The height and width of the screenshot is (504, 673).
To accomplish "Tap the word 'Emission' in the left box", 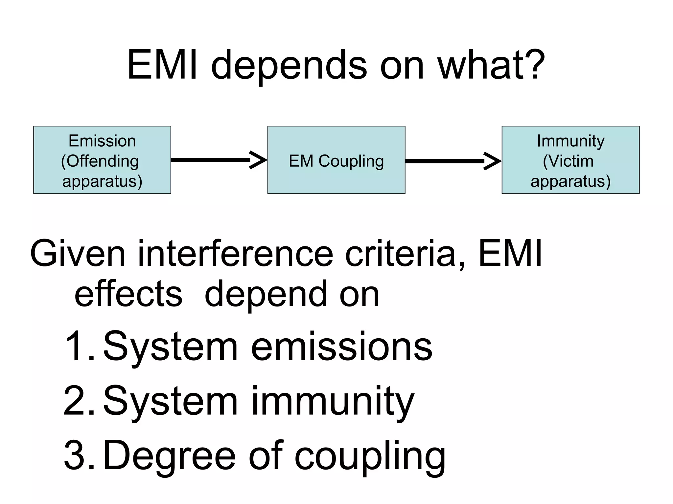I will pyautogui.click(x=102, y=141).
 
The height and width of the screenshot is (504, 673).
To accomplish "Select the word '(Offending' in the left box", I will pyautogui.click(x=100, y=161).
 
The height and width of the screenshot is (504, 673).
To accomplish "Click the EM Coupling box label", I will pyautogui.click(x=336, y=161).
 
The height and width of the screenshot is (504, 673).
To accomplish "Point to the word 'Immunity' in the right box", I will pyautogui.click(x=570, y=141).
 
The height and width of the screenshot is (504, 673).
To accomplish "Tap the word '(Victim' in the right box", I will pyautogui.click(x=568, y=161).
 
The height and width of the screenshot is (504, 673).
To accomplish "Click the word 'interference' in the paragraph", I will pyautogui.click(x=235, y=254).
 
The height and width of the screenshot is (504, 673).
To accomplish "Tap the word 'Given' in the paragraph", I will pyautogui.click(x=78, y=254).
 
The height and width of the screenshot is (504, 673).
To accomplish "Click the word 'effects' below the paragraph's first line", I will pyautogui.click(x=128, y=294).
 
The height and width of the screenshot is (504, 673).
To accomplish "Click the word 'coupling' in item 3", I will pyautogui.click(x=370, y=457).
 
